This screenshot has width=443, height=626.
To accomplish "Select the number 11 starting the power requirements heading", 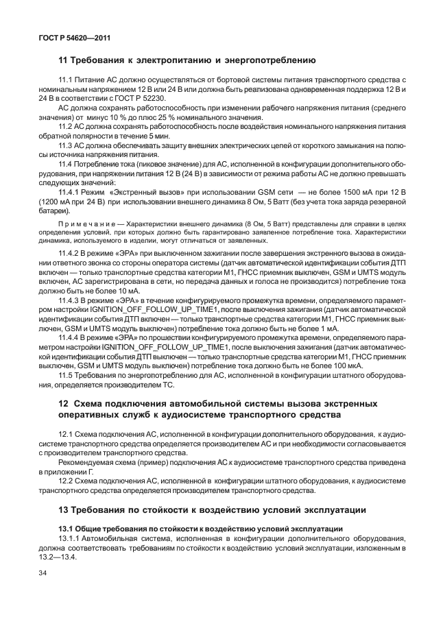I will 64,60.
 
